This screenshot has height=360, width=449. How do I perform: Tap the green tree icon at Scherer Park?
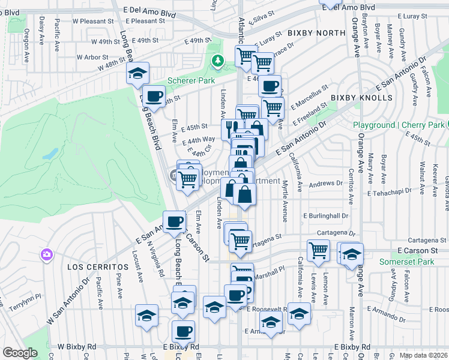pos(217,61)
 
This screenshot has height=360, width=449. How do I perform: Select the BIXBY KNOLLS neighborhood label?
pos(361,98)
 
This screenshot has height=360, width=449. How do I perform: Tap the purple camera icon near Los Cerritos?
pos(47,255)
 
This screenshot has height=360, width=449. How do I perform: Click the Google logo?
pos(20,353)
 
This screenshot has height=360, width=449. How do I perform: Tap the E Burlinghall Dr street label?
pos(326,215)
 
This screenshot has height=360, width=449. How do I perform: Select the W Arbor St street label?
pos(92,58)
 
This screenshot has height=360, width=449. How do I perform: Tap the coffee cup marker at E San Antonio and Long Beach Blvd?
pos(175,221)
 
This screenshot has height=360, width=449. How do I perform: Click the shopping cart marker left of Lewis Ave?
pos(318,250)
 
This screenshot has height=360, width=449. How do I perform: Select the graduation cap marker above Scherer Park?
pos(138,73)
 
